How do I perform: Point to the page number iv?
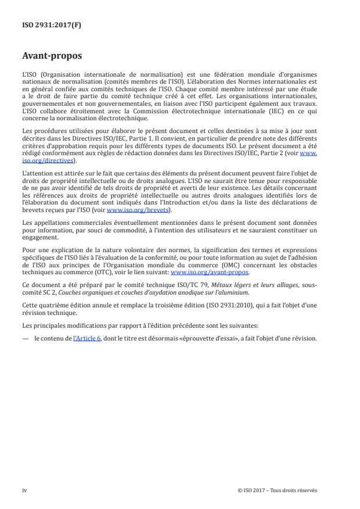click(x=24, y=490)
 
